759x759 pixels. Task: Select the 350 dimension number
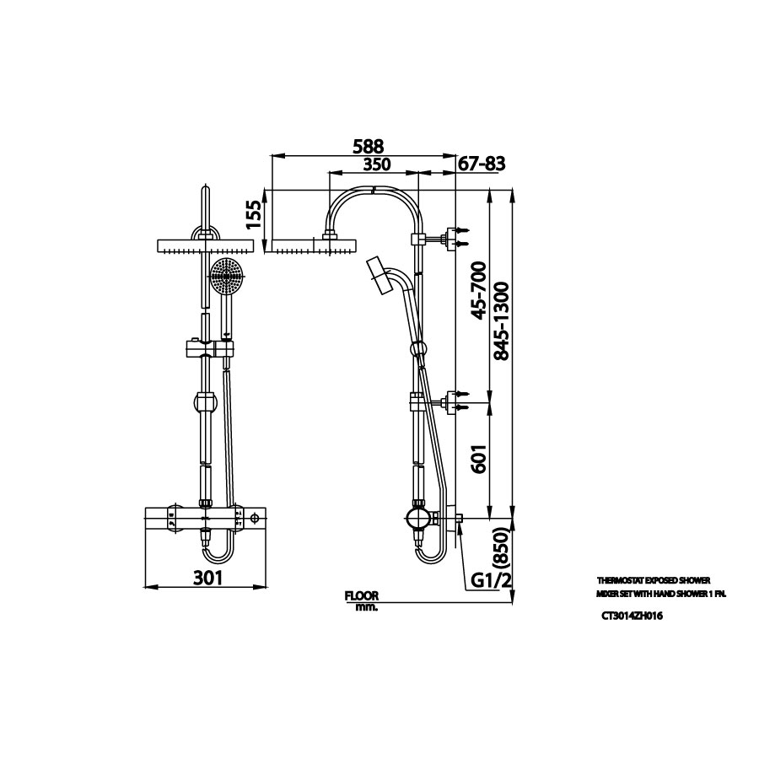(x=372, y=164)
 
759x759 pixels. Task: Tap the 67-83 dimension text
(x=482, y=164)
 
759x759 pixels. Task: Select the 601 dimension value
(x=477, y=459)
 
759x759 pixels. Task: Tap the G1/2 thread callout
(x=492, y=580)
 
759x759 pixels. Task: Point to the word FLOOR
(x=362, y=595)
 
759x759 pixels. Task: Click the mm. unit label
(x=366, y=607)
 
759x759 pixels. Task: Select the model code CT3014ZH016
(x=632, y=616)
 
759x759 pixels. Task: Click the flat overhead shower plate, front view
(x=206, y=246)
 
